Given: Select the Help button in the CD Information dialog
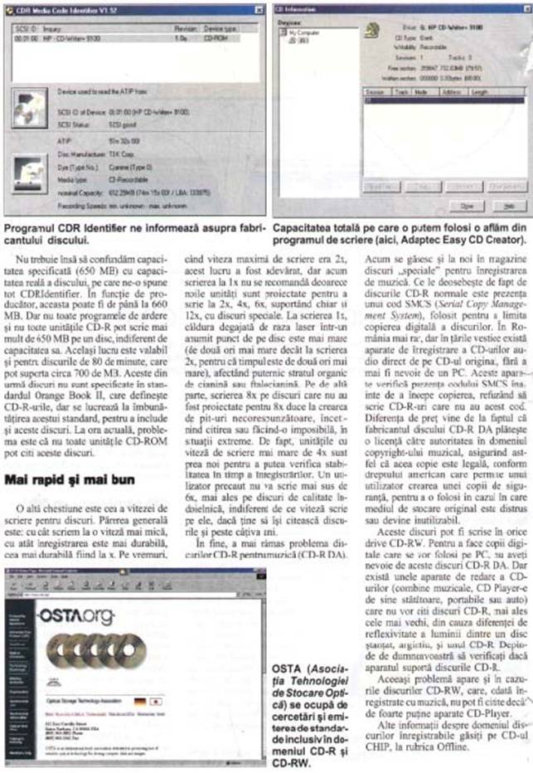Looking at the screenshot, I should [x=510, y=203].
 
